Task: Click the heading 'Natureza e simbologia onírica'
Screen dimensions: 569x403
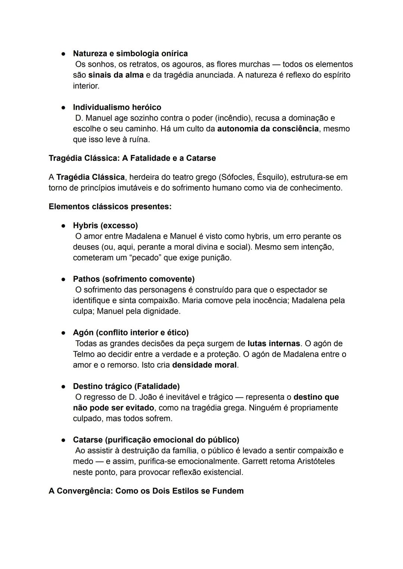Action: click(x=130, y=54)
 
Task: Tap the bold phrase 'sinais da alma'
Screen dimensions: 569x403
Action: click(x=116, y=75)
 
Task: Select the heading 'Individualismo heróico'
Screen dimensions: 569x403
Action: click(x=117, y=107)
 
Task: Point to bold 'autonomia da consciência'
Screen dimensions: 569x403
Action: click(x=268, y=129)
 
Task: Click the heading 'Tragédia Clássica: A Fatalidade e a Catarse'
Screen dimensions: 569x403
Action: click(x=132, y=158)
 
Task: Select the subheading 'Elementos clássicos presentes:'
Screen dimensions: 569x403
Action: click(x=110, y=207)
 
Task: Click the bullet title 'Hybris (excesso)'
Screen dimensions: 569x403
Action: click(x=105, y=226)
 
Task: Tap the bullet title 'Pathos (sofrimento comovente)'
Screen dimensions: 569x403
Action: click(x=134, y=279)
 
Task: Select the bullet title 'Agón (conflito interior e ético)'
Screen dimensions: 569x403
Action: click(x=131, y=333)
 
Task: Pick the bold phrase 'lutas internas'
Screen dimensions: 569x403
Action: click(x=274, y=344)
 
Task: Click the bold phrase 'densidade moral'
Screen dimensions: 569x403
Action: click(x=204, y=365)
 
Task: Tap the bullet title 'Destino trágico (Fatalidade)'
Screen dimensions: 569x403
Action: click(x=126, y=386)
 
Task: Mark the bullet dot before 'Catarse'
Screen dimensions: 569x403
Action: click(x=64, y=440)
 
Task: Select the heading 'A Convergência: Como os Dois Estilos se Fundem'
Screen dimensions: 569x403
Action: click(x=146, y=491)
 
